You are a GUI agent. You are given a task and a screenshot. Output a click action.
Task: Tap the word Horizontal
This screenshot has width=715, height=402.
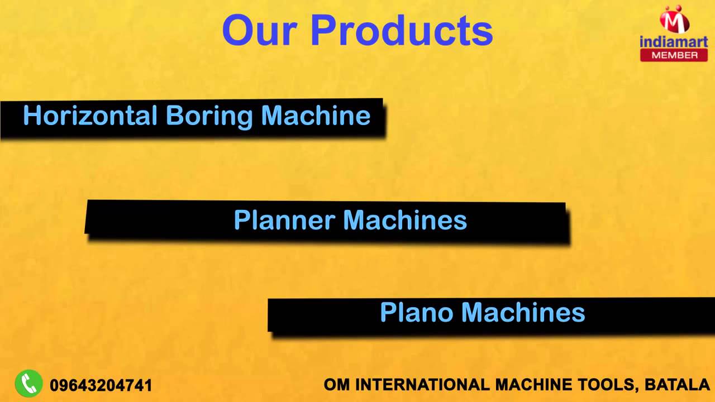click(90, 116)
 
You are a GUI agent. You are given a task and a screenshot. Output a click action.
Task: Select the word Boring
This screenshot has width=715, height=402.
click(209, 117)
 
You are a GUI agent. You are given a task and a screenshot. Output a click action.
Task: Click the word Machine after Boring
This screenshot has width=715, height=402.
click(316, 116)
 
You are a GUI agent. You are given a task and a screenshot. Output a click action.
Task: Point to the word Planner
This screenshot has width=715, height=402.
click(284, 220)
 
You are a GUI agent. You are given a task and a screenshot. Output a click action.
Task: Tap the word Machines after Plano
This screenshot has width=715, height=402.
click(523, 312)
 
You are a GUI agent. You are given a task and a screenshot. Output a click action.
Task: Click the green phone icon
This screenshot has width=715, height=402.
click(29, 384)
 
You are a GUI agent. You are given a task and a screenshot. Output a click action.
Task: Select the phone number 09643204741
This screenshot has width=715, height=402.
click(101, 385)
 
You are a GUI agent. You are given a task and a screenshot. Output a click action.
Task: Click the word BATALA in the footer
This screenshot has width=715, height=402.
click(677, 385)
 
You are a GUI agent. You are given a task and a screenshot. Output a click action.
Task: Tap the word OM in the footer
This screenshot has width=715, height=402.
click(337, 385)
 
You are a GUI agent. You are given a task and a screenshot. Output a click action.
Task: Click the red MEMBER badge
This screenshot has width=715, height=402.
click(674, 55)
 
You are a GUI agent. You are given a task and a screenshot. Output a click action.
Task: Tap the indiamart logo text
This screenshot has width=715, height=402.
click(674, 41)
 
